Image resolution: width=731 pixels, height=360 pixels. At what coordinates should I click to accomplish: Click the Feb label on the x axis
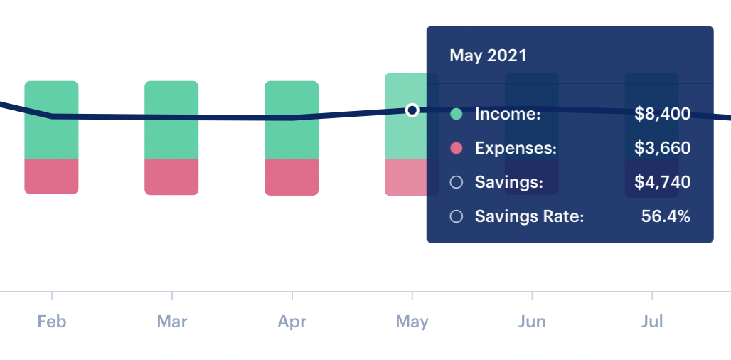point(52,322)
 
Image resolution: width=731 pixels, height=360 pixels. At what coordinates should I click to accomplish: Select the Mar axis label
point(172,322)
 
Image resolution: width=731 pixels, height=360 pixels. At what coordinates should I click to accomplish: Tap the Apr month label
point(292,322)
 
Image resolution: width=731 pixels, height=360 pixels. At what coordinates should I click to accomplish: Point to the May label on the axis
point(412,322)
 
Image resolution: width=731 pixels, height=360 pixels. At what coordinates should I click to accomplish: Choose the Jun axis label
point(532,322)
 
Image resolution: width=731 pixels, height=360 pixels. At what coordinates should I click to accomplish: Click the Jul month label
point(652,322)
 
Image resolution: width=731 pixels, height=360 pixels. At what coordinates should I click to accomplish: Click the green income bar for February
point(51,120)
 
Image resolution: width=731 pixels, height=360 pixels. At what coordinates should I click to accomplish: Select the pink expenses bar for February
point(51,176)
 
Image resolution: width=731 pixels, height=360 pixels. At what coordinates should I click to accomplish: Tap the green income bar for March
point(171,120)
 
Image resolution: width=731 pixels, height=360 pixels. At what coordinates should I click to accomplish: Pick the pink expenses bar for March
point(171,176)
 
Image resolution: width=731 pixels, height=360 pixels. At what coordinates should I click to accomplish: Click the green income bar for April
point(292,120)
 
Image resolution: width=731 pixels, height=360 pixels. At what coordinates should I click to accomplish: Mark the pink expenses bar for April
point(292,176)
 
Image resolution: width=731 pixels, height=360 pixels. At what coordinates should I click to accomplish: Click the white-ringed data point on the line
point(412,110)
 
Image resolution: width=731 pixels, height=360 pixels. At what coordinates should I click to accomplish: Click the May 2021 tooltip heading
point(488,55)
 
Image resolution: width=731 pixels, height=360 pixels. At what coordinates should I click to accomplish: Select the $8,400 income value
point(663,114)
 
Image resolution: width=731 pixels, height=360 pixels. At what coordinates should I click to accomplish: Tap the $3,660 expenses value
point(663,148)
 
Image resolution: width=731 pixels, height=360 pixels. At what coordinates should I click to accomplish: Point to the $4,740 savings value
point(663,182)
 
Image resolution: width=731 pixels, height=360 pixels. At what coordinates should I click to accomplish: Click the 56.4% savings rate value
point(666,216)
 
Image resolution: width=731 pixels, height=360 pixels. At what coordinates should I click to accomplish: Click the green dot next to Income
point(457,114)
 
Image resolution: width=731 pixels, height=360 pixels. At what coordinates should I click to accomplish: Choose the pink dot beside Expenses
point(457,148)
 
